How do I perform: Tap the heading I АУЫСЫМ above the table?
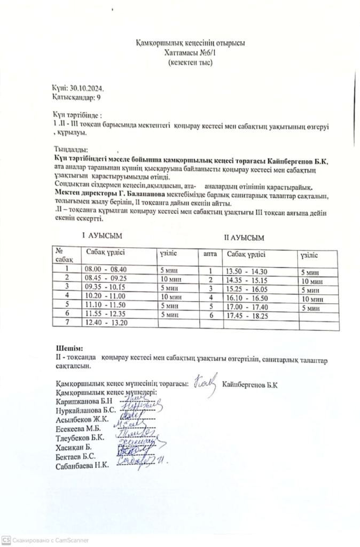102,235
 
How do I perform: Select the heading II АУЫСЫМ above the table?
244,237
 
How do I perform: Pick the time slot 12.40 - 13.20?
106,323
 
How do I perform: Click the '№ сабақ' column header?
64,254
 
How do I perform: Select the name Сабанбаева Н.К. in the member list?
82,466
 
